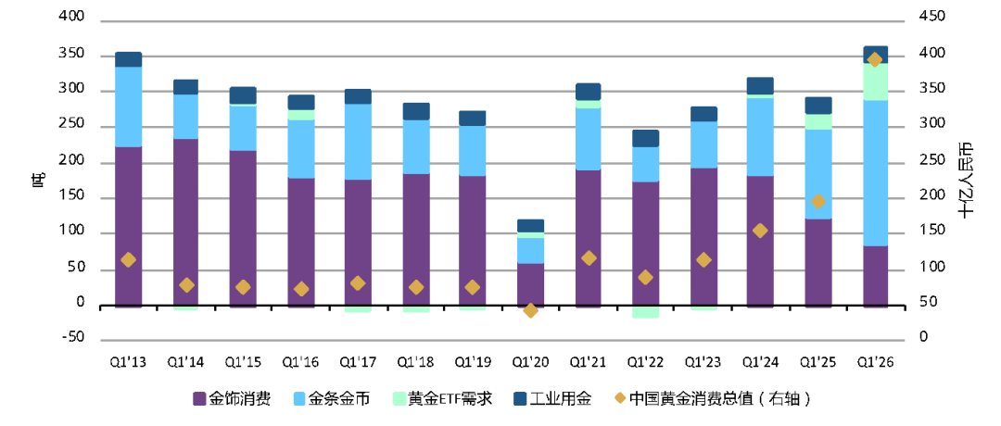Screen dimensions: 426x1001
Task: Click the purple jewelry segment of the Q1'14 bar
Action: [185, 222]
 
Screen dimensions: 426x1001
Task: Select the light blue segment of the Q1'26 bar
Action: [876, 172]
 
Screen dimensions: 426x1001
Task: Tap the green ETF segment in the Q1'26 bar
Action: [876, 81]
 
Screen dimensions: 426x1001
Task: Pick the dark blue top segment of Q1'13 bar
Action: [128, 59]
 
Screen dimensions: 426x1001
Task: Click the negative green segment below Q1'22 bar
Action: [645, 312]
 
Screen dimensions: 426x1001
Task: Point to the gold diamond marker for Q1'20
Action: [530, 310]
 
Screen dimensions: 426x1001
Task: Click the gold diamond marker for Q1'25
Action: [818, 201]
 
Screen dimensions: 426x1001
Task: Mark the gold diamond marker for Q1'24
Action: [760, 231]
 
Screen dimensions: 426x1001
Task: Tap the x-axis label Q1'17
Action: [358, 361]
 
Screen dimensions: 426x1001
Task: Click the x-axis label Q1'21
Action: [588, 361]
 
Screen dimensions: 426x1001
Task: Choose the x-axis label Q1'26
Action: [876, 361]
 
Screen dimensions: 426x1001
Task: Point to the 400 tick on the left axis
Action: [71, 19]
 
